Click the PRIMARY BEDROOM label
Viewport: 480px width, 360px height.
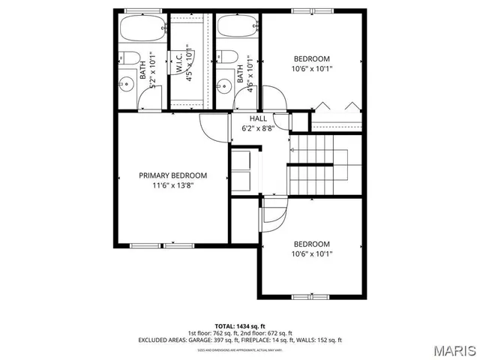(x=172, y=175)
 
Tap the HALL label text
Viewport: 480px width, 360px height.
(x=258, y=118)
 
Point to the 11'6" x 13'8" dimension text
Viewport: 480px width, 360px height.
(x=172, y=186)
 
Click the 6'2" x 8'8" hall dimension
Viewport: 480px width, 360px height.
(x=258, y=128)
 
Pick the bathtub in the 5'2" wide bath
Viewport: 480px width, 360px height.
(x=142, y=31)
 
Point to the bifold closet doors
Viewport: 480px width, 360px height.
(x=337, y=106)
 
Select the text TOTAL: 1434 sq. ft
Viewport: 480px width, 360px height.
(x=240, y=325)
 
